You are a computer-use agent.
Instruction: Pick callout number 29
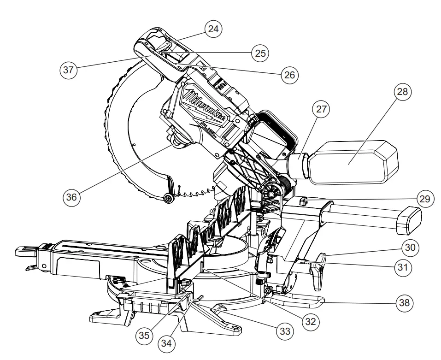point(423,199)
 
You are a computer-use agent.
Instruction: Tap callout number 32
point(311,321)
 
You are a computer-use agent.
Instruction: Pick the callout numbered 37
point(69,71)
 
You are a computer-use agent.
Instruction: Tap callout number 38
point(404,302)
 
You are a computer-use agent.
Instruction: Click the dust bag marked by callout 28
point(353,162)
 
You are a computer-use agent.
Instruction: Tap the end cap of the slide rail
point(408,218)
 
